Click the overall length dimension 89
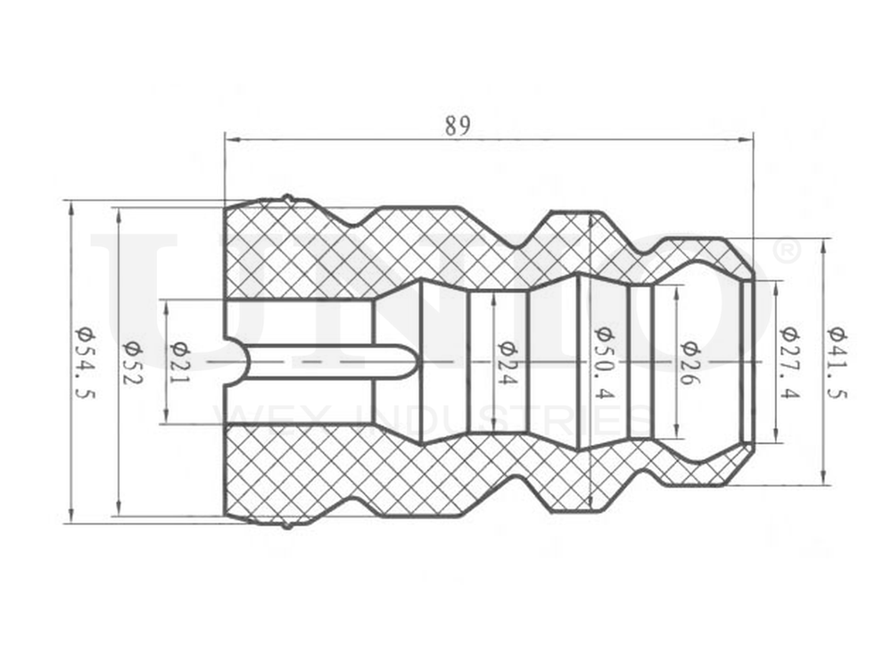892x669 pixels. pyautogui.click(x=458, y=125)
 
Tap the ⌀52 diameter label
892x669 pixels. pyautogui.click(x=132, y=362)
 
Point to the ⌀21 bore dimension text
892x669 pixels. pyautogui.click(x=179, y=362)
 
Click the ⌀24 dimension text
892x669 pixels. pyautogui.click(x=506, y=362)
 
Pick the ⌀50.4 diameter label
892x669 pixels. pyautogui.click(x=603, y=361)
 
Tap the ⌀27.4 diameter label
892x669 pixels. pyautogui.click(x=789, y=361)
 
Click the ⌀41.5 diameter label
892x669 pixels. pyautogui.click(x=836, y=361)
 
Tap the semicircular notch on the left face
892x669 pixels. pyautogui.click(x=234, y=362)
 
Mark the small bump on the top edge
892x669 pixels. pyautogui.click(x=287, y=197)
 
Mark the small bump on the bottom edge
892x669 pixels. pyautogui.click(x=287, y=524)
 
